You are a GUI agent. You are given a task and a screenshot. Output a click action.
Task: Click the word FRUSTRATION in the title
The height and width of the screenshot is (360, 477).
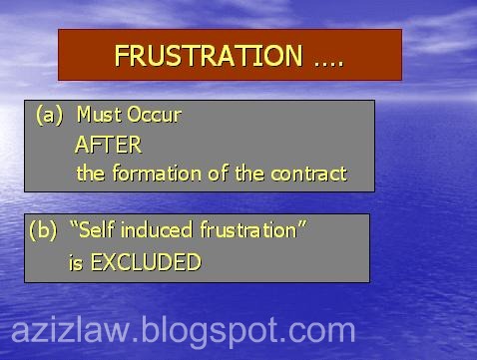(207, 56)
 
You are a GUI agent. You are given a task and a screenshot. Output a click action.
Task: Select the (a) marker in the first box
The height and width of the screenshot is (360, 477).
(49, 115)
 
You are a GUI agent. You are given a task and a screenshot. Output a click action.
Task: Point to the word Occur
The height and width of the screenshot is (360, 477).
(154, 115)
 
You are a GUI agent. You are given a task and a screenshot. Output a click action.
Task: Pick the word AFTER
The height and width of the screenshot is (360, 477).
(108, 145)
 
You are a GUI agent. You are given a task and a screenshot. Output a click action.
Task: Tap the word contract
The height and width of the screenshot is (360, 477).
(309, 174)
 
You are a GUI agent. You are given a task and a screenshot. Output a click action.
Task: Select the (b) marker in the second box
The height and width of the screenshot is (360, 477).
(43, 230)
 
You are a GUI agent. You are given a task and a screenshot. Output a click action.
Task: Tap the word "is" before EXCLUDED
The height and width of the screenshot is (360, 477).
(74, 262)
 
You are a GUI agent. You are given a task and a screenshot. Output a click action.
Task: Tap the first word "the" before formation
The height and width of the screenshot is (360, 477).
(91, 174)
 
